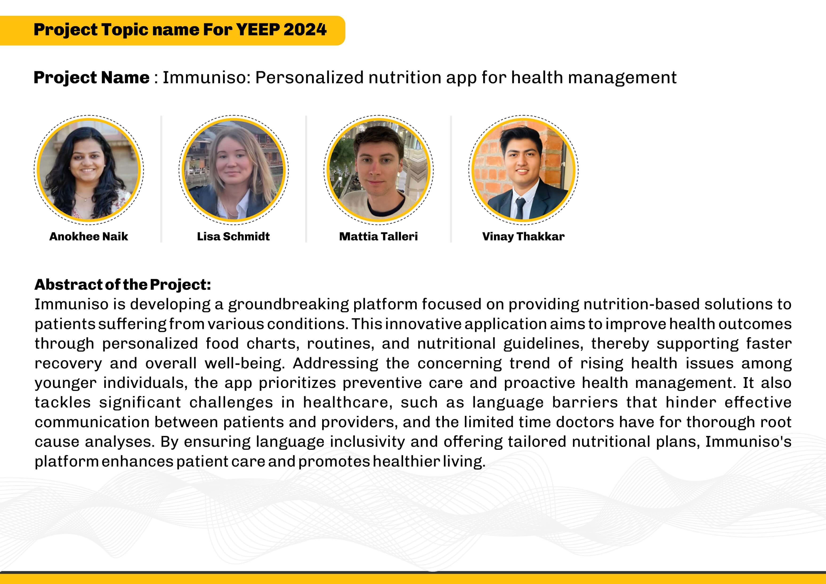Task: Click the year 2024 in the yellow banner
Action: click(x=305, y=29)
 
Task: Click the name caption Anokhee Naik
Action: click(x=89, y=236)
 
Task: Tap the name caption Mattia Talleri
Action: click(x=378, y=236)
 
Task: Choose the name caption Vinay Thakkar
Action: click(x=523, y=236)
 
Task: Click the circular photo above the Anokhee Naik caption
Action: click(x=89, y=169)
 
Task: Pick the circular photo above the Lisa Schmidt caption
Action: click(x=234, y=169)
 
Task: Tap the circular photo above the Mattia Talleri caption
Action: click(x=378, y=169)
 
